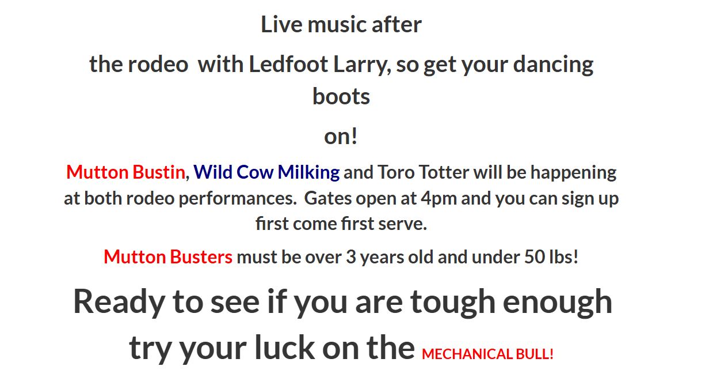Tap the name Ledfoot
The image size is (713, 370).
click(x=288, y=64)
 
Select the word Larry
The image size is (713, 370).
click(x=362, y=66)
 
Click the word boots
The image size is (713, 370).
click(x=341, y=96)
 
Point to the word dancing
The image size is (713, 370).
click(x=553, y=66)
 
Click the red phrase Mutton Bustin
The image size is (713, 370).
click(x=125, y=172)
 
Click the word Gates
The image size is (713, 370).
click(x=328, y=198)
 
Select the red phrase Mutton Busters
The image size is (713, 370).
click(x=168, y=257)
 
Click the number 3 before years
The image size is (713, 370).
click(x=351, y=257)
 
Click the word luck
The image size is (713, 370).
click(x=284, y=348)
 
